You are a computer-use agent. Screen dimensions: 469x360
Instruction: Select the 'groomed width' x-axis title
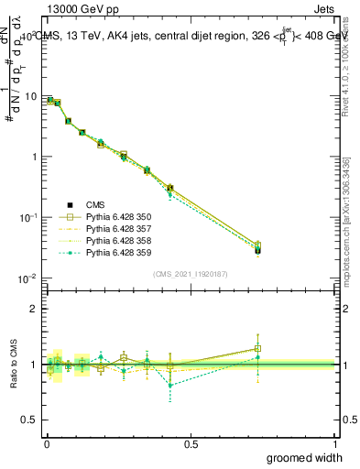click(x=298, y=457)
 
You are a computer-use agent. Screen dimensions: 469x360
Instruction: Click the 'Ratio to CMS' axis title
click(x=13, y=364)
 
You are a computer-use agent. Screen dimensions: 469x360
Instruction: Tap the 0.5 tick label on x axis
click(x=191, y=443)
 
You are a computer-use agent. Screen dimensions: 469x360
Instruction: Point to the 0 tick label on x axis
click(x=47, y=443)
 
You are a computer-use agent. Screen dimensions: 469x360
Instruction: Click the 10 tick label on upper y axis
click(x=30, y=96)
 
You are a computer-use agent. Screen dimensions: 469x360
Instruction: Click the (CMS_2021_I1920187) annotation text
click(x=190, y=272)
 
